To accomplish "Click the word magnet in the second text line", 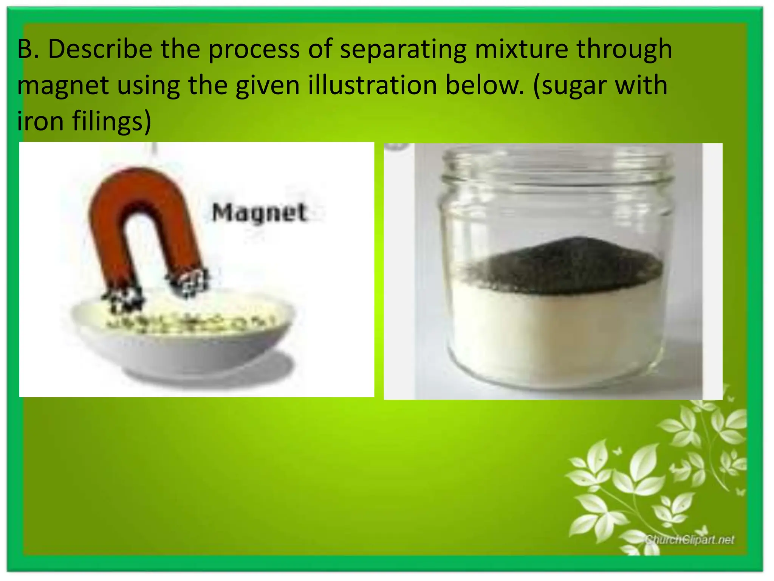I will [x=63, y=86].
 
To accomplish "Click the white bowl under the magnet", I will [x=181, y=352].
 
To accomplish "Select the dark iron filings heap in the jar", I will [x=563, y=265].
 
